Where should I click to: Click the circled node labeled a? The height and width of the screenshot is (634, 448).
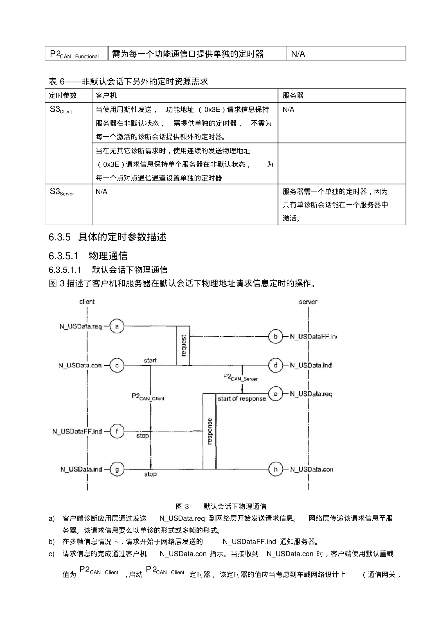[x=117, y=326]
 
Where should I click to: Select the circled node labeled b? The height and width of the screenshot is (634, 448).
[x=276, y=336]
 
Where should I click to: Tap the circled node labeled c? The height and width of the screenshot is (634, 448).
[x=117, y=365]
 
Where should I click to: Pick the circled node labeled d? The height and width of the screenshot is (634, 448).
[x=276, y=365]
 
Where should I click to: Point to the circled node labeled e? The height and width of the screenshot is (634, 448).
[x=276, y=394]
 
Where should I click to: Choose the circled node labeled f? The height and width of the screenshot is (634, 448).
[x=117, y=431]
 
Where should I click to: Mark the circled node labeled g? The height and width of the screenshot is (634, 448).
[x=117, y=469]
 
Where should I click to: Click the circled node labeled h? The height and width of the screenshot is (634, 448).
[x=276, y=469]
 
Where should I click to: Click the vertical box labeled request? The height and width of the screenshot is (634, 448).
[x=183, y=346]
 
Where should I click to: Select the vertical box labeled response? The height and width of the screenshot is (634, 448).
[x=210, y=431]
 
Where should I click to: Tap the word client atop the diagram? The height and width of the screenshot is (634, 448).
[x=87, y=301]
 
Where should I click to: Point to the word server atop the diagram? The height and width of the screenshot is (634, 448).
[x=308, y=302]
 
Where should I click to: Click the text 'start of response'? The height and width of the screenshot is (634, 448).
[x=242, y=398]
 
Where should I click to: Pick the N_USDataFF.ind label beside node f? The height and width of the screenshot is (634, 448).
[x=77, y=431]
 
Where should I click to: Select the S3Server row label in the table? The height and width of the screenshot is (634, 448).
[x=62, y=192]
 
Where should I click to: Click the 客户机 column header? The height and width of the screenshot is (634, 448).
[x=106, y=96]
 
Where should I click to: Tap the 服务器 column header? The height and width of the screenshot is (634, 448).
[x=293, y=96]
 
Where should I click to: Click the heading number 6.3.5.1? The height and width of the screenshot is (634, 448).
[x=63, y=256]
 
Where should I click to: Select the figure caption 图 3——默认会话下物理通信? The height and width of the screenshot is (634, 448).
[x=221, y=506]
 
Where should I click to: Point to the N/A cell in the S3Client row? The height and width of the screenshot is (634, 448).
[x=289, y=110]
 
